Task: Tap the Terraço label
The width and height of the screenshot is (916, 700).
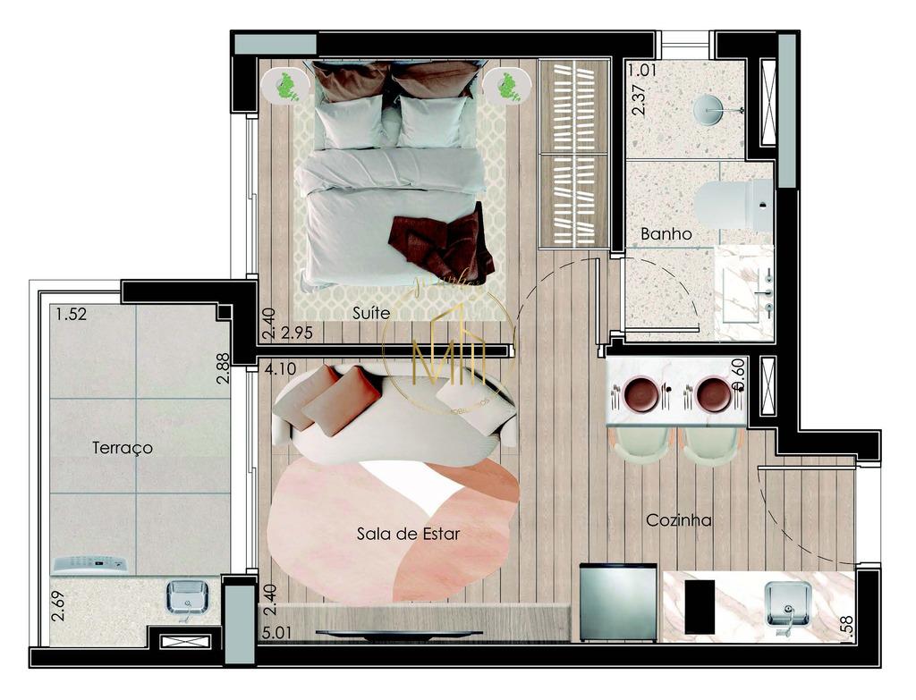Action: (x=123, y=448)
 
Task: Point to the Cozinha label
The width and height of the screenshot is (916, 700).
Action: (x=679, y=519)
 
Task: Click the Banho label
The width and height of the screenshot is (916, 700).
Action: (x=666, y=234)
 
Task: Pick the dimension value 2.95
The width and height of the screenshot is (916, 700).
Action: (x=297, y=333)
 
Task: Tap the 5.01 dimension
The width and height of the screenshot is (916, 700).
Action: (x=278, y=632)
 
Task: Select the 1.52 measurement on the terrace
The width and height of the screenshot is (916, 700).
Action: (x=71, y=314)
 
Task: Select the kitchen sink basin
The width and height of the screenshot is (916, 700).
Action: (x=787, y=603)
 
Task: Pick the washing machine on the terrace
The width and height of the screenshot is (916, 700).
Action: (x=90, y=564)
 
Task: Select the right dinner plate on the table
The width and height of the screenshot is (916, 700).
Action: (x=713, y=393)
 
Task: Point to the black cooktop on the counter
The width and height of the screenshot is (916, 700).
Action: (x=700, y=605)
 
